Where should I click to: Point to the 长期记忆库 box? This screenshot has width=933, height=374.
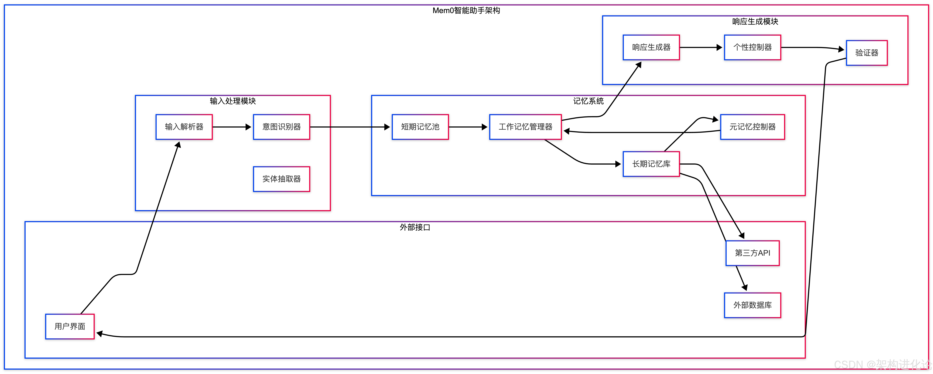651,164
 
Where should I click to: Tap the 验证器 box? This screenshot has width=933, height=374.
866,53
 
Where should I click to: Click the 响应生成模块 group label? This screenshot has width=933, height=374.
755,21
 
